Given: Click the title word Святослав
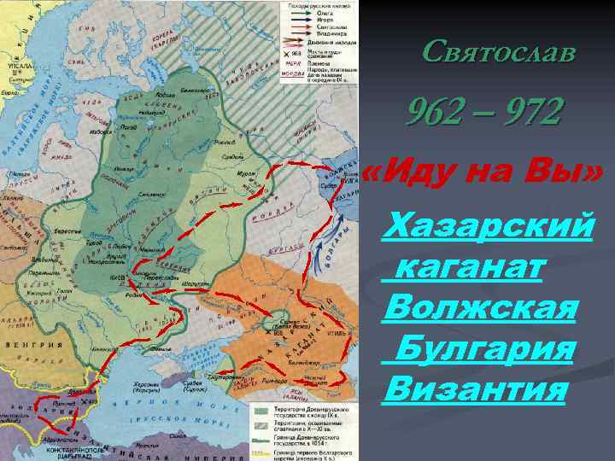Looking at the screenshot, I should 500,53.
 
